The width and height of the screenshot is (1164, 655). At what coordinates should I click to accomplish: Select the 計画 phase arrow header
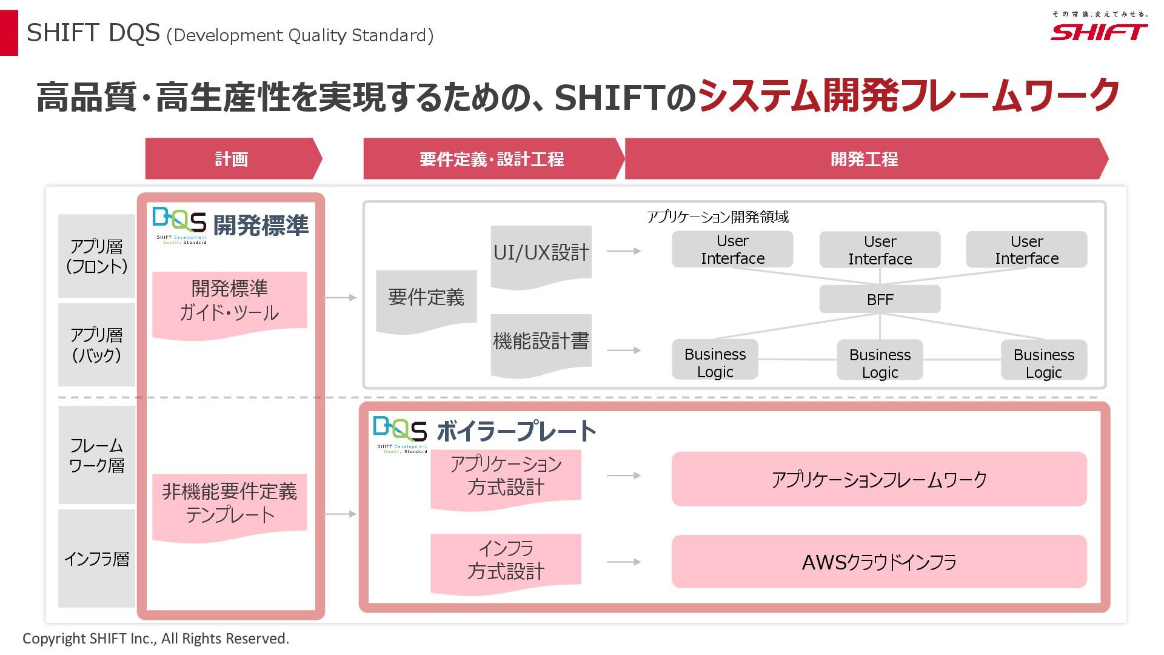(x=232, y=159)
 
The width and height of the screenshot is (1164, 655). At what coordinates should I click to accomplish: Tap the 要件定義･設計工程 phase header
(x=492, y=159)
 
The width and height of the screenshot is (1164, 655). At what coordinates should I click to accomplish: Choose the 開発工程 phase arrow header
(x=864, y=159)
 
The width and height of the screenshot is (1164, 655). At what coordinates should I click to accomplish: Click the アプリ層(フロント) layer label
(x=96, y=256)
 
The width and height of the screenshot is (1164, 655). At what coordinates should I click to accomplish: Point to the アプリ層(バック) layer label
(x=96, y=344)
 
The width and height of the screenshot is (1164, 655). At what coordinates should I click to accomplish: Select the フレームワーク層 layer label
(x=96, y=455)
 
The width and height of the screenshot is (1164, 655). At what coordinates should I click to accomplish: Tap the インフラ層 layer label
(x=96, y=559)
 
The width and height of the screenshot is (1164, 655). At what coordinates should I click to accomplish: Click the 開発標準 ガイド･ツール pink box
(x=229, y=301)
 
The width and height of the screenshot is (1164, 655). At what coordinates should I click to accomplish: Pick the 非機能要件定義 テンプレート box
(x=229, y=503)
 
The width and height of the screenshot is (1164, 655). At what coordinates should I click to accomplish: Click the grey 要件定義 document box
(x=426, y=297)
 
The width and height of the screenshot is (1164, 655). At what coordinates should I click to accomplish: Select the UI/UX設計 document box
(x=541, y=253)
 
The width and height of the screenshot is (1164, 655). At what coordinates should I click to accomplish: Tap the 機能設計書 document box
(x=541, y=341)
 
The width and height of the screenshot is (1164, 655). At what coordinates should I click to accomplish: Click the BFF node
(x=880, y=300)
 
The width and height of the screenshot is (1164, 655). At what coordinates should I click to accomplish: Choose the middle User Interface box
(x=880, y=250)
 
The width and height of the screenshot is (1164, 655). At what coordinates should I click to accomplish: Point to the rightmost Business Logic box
(x=1043, y=363)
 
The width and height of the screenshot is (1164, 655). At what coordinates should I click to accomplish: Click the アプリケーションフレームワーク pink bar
(x=879, y=479)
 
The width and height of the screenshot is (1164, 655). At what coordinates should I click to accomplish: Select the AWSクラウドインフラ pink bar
(x=879, y=562)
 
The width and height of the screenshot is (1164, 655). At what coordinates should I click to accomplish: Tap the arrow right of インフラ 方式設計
(x=624, y=562)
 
